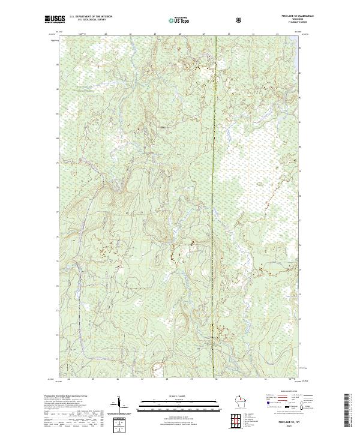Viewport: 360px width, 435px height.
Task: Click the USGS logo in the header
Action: [55, 20]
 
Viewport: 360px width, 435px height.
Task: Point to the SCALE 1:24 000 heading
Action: [172, 396]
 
